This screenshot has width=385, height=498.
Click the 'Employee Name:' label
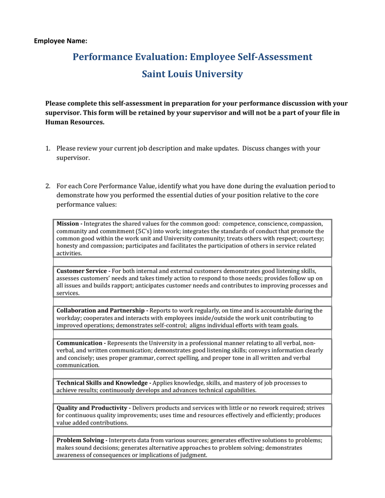[x=60, y=41]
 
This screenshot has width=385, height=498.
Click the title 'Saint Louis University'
[x=192, y=74]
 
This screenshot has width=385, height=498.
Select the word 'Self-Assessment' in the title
[x=275, y=57]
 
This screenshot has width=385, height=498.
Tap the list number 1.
[x=48, y=148]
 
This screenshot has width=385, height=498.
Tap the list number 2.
[x=48, y=186]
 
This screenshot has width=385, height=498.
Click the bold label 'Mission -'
[x=70, y=224]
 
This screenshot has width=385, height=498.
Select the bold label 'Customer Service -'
[x=83, y=271]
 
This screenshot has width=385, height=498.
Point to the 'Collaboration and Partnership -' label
[x=102, y=310]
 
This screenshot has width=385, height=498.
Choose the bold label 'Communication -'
[x=81, y=343]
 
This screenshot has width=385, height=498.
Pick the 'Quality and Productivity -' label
[x=93, y=408]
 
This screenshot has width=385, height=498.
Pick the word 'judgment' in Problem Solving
[x=193, y=455]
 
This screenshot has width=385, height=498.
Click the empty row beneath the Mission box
[x=192, y=262]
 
